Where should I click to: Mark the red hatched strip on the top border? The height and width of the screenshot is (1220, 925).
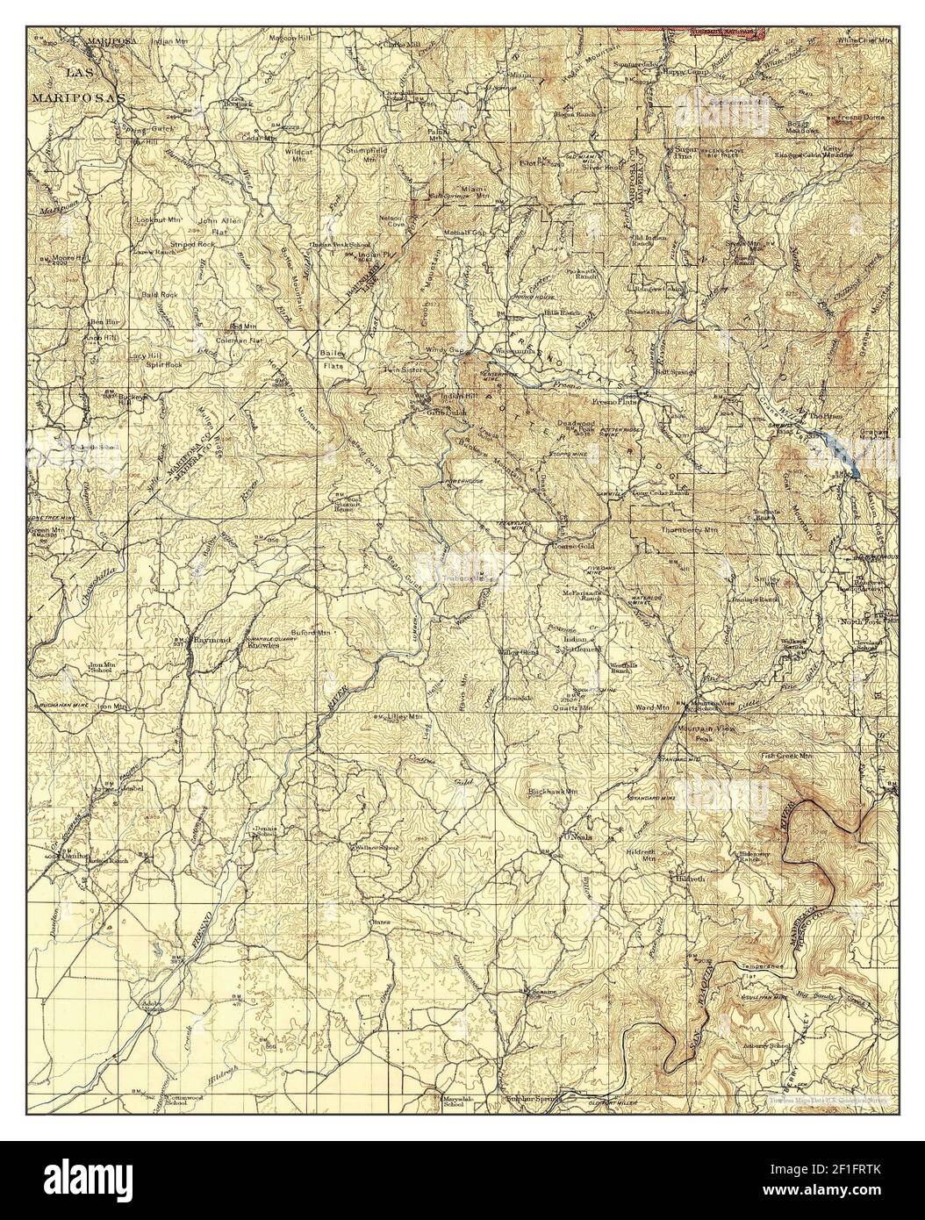pyautogui.click(x=691, y=5)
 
